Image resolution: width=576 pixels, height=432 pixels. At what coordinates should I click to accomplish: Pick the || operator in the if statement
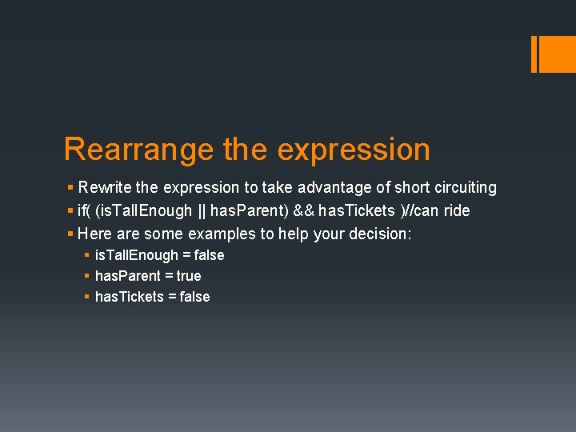click(x=201, y=211)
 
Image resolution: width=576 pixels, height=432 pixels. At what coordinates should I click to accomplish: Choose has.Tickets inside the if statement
click(x=357, y=211)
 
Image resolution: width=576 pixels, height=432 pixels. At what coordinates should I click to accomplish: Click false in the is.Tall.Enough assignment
click(x=209, y=255)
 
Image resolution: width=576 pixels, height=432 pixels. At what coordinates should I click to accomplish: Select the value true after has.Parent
click(x=189, y=276)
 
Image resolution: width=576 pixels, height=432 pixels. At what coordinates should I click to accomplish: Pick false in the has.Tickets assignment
click(x=194, y=297)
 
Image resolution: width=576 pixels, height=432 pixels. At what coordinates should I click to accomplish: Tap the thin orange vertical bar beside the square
click(x=534, y=54)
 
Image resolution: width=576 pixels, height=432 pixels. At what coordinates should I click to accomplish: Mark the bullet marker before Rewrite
click(x=70, y=188)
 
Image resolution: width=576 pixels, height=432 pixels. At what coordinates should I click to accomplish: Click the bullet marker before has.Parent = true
click(x=86, y=276)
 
